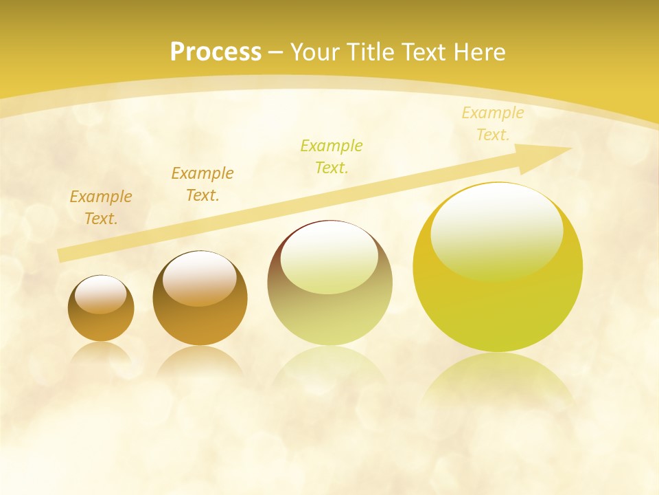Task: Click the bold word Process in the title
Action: (x=216, y=52)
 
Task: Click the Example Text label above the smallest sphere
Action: (x=101, y=208)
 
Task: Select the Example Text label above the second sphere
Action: (x=203, y=184)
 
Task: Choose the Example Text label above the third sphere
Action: (x=332, y=157)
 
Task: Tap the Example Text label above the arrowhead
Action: (x=493, y=124)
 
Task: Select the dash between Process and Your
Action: (x=276, y=52)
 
